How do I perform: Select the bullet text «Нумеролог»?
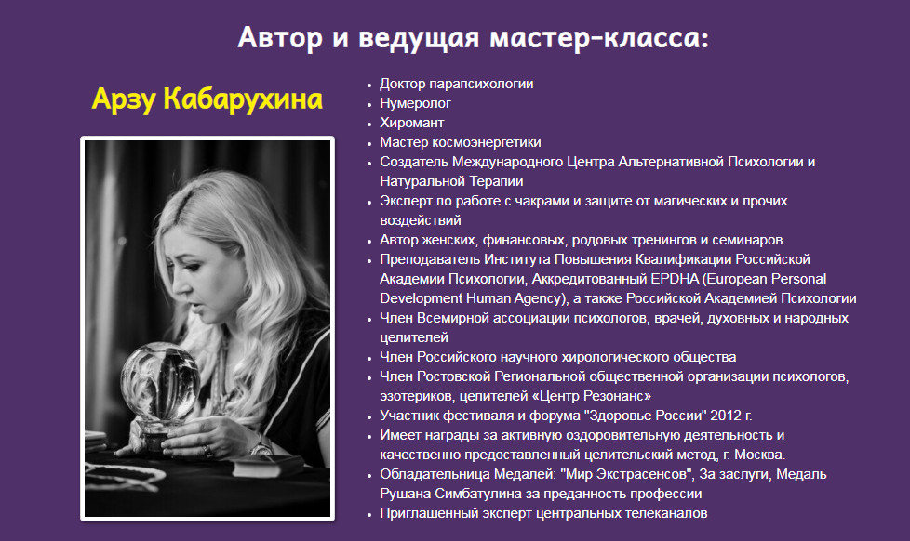coord(415,103)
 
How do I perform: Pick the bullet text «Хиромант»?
coord(412,123)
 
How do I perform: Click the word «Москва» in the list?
coord(762,455)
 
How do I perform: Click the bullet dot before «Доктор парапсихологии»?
coord(370,85)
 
